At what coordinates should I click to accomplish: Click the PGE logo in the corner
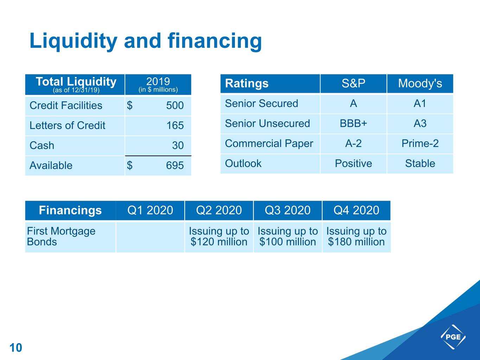[453, 337]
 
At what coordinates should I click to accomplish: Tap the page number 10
[16, 348]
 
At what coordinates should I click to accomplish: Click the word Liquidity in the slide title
[73, 41]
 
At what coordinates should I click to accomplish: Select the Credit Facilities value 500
[175, 105]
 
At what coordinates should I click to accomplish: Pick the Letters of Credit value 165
[175, 126]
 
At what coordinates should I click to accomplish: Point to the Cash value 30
[178, 145]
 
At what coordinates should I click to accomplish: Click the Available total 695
[175, 166]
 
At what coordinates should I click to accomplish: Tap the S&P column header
[353, 83]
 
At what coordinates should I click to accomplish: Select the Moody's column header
[420, 83]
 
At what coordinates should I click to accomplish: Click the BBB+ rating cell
[353, 123]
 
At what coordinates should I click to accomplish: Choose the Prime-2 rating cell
[420, 143]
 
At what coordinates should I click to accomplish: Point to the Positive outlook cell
[353, 163]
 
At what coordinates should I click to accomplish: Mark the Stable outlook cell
[420, 163]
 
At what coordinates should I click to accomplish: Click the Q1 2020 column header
[150, 210]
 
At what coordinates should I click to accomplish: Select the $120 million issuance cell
[219, 237]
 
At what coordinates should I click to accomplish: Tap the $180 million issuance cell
[357, 237]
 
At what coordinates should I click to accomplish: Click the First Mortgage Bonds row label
[61, 237]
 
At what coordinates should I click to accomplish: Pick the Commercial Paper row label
[269, 144]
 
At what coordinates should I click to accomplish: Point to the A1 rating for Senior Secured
[420, 103]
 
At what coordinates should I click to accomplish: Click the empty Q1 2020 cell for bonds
[150, 237]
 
